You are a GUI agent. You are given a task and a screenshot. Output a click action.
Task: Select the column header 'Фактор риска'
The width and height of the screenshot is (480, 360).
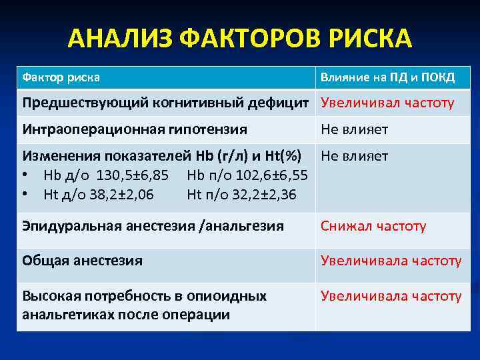point(61,77)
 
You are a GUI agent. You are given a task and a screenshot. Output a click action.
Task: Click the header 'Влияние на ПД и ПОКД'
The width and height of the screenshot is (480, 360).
point(387,77)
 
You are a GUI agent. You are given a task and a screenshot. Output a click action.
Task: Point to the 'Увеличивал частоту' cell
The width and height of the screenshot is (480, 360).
point(387,103)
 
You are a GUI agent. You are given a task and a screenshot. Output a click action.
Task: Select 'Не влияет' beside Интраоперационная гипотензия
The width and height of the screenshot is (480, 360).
point(354,129)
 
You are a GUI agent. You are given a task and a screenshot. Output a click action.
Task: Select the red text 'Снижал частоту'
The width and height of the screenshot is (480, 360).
point(373,226)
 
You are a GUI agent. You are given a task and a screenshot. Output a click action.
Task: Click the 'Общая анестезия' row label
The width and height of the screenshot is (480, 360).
point(83,261)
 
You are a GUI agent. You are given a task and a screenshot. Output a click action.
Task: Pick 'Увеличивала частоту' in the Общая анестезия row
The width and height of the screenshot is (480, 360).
point(391,261)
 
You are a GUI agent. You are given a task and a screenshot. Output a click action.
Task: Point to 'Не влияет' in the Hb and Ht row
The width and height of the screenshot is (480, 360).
point(354,157)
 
